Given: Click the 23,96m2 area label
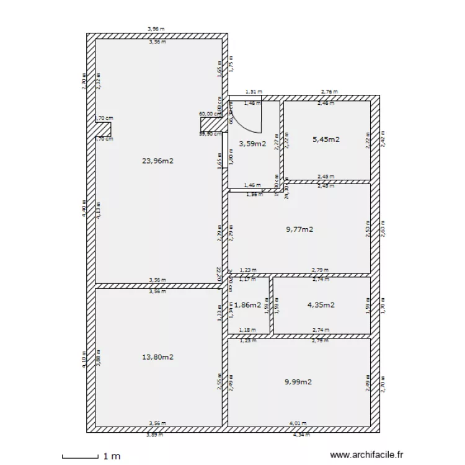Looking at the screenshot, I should pyautogui.click(x=157, y=161).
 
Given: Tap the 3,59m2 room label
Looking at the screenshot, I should pyautogui.click(x=252, y=144).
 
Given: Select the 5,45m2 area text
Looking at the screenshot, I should pyautogui.click(x=326, y=139).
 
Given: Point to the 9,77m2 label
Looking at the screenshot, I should pyautogui.click(x=299, y=229).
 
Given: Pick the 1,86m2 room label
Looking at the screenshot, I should pyautogui.click(x=247, y=305).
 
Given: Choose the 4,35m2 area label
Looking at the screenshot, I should pyautogui.click(x=321, y=304).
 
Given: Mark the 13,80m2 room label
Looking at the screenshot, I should pyautogui.click(x=157, y=357).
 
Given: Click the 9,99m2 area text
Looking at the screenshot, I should pyautogui.click(x=298, y=382).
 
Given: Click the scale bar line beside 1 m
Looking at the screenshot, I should pyautogui.click(x=81, y=458).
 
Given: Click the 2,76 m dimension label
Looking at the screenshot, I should pyautogui.click(x=329, y=92).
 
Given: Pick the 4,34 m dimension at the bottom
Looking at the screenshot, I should pyautogui.click(x=301, y=435).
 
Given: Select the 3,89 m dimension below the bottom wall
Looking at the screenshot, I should pyautogui.click(x=155, y=435).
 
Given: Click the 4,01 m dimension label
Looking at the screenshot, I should pyautogui.click(x=298, y=423).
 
